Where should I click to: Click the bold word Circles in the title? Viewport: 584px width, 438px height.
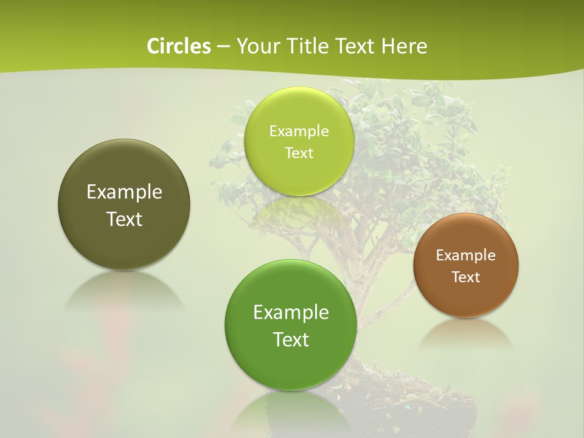[x=178, y=46]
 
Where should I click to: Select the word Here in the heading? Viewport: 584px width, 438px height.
[x=405, y=46]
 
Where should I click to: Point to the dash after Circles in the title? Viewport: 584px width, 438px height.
[x=223, y=47]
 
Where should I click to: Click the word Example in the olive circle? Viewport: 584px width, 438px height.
[x=124, y=192]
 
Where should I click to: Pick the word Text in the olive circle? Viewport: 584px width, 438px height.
[x=124, y=219]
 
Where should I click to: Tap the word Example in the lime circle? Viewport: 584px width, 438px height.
[x=299, y=131]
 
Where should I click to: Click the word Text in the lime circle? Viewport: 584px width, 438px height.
[x=299, y=153]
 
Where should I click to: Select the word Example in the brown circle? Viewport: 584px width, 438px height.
[x=466, y=255]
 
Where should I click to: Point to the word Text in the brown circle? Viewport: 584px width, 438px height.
[x=466, y=277]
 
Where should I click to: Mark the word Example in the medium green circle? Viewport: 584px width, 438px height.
[x=291, y=313]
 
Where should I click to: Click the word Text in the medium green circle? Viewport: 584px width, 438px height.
[x=291, y=339]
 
